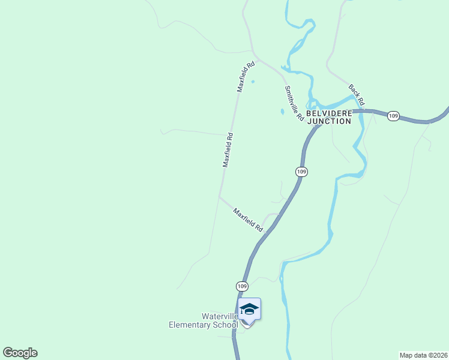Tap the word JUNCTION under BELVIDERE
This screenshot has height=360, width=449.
(x=329, y=121)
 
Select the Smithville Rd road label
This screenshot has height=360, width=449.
(x=294, y=104)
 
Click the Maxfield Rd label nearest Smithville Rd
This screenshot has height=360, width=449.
(x=246, y=76)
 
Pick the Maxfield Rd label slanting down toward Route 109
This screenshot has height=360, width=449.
(x=249, y=220)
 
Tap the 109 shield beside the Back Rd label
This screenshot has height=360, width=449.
(x=393, y=116)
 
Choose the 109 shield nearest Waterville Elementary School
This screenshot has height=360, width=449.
(x=241, y=286)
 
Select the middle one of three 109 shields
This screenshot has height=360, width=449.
(x=301, y=172)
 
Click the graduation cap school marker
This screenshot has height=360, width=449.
(x=249, y=310)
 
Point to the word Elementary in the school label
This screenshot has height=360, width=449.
(x=190, y=325)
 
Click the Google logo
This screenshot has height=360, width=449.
(x=20, y=353)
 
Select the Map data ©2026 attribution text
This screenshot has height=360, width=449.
(x=423, y=355)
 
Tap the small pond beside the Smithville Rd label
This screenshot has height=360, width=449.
(x=282, y=112)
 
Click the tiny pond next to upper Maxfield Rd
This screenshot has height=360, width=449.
(x=253, y=82)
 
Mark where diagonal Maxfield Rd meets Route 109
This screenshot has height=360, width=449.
(x=273, y=227)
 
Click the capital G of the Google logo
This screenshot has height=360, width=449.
(x=8, y=352)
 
